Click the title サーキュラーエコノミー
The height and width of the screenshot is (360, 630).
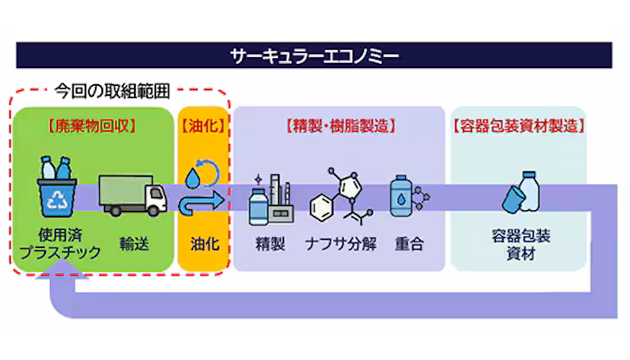click(315, 56)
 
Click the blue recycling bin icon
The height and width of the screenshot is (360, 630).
click(56, 191)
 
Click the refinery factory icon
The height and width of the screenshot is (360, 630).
click(270, 199)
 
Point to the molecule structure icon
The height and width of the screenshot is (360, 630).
click(341, 197)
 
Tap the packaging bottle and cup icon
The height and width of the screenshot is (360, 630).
click(520, 193)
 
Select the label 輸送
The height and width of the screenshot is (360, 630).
click(133, 243)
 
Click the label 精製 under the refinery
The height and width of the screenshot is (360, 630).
click(270, 243)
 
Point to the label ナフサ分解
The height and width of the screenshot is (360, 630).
click(341, 243)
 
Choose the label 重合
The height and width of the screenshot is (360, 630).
click(407, 243)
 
